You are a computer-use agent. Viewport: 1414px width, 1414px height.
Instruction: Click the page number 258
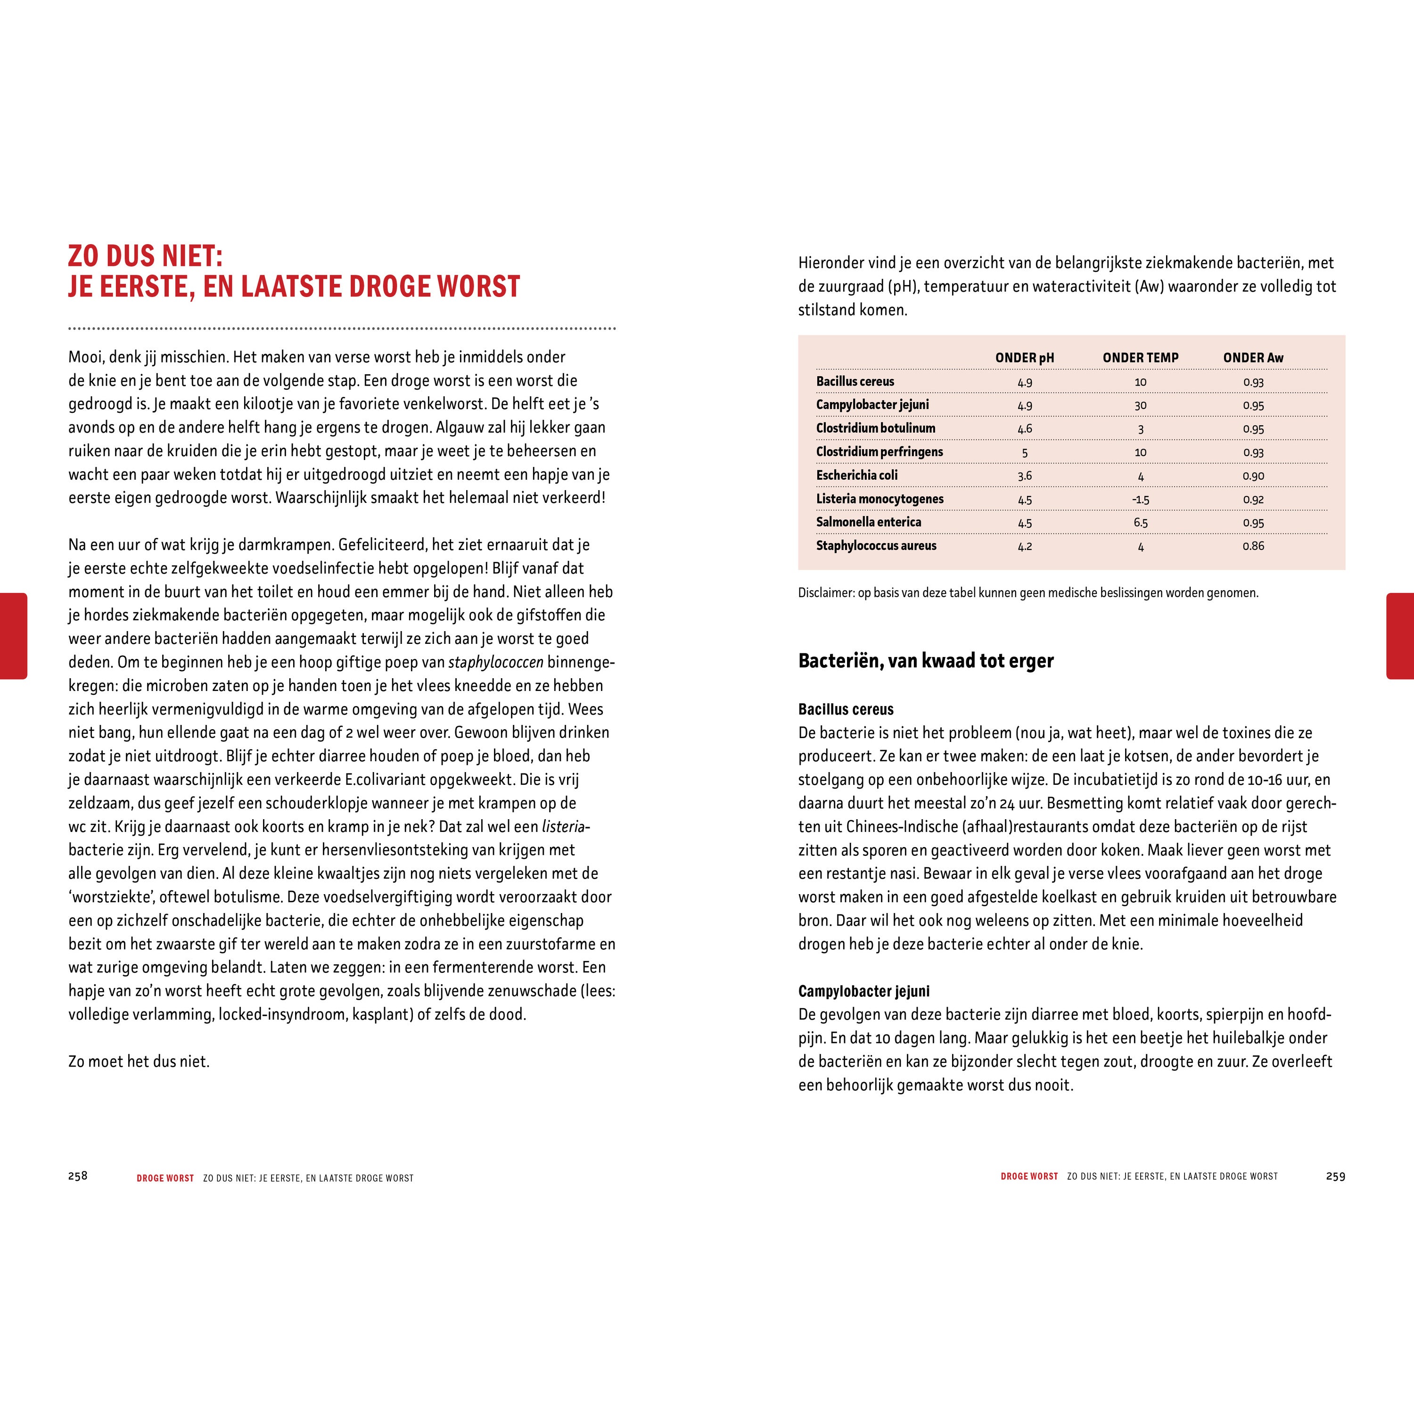(x=78, y=1176)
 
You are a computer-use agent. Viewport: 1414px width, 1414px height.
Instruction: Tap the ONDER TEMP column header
(x=1140, y=358)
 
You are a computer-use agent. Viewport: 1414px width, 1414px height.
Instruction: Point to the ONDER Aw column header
(x=1253, y=358)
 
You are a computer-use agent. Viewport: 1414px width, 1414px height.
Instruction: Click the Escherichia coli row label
(x=856, y=476)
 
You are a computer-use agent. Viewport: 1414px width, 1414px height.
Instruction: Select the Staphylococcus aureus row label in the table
(x=876, y=546)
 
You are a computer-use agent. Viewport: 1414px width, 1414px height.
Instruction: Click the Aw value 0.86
(x=1253, y=546)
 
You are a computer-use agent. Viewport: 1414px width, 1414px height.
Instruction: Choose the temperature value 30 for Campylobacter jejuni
(x=1140, y=405)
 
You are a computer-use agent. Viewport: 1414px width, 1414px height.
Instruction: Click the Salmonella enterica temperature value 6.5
(x=1140, y=523)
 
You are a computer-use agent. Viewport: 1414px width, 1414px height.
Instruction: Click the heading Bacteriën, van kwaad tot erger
(x=925, y=661)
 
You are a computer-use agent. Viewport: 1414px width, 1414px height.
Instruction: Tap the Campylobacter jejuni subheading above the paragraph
(x=863, y=992)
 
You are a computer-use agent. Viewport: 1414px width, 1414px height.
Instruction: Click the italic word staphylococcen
(x=495, y=662)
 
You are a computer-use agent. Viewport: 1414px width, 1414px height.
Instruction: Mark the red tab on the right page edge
(x=1399, y=635)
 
